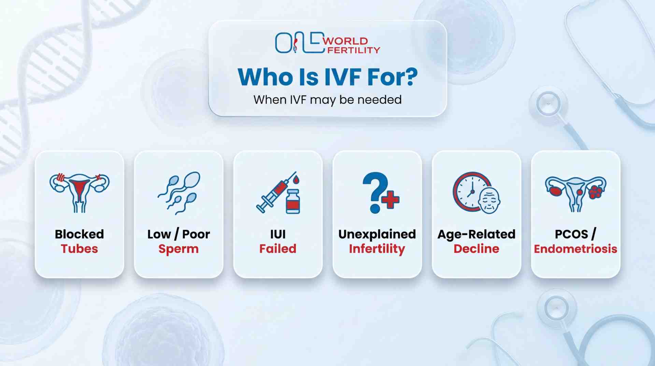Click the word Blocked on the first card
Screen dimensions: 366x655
point(79,234)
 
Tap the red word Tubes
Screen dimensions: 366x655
point(79,249)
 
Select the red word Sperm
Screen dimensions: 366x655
point(178,249)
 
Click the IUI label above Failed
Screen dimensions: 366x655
point(278,234)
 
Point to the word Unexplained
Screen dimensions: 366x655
point(377,234)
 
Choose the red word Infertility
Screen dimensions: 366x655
point(377,249)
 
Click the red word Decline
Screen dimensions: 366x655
point(476,249)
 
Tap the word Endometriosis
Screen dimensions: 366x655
point(575,249)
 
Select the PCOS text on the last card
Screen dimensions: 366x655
point(571,234)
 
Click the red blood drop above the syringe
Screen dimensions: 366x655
point(296,179)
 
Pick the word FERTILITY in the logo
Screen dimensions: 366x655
point(353,50)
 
